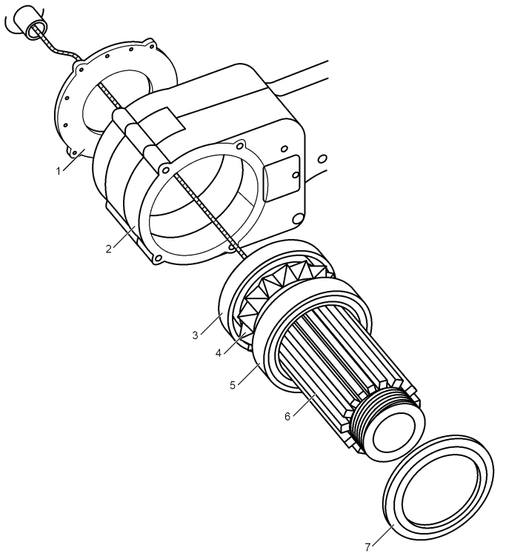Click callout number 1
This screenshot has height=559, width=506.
tap(59, 171)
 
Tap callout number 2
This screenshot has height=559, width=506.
tap(108, 249)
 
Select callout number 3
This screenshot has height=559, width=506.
tap(195, 335)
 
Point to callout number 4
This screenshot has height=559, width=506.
tap(219, 353)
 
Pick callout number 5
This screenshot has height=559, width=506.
tap(233, 386)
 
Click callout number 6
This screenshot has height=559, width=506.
tap(287, 416)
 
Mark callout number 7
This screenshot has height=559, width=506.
tap(368, 546)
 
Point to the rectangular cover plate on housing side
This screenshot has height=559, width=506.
tap(282, 178)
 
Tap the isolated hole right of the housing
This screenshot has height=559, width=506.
tap(322, 158)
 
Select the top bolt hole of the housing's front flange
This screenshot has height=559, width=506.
tap(241, 145)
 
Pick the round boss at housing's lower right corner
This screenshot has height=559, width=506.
tap(298, 218)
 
